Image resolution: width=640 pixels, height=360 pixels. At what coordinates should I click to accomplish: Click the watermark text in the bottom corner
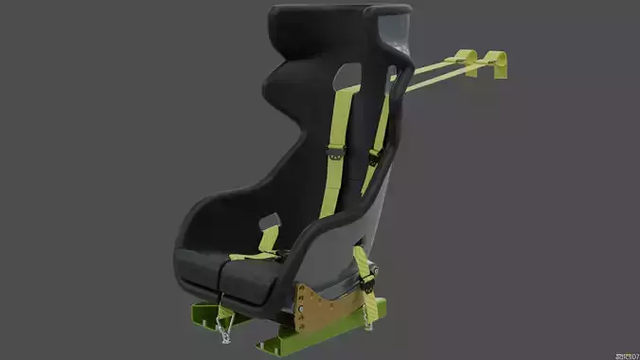tap(626, 354)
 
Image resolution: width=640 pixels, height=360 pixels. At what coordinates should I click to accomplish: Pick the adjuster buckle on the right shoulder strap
tap(375, 155)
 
